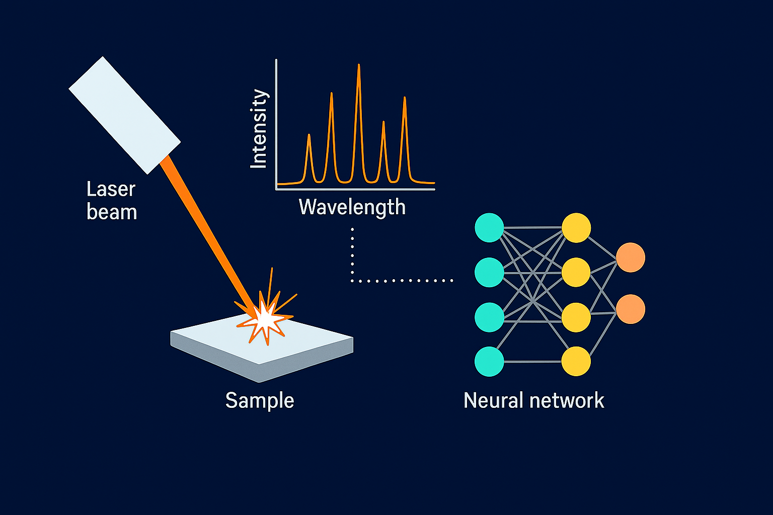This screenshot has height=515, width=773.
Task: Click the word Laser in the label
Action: pyautogui.click(x=111, y=190)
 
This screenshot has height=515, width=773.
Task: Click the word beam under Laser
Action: pyautogui.click(x=112, y=212)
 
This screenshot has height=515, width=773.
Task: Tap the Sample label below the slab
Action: pyautogui.click(x=259, y=400)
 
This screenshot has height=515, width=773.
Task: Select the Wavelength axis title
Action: pyautogui.click(x=352, y=207)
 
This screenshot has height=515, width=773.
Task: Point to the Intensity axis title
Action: pyautogui.click(x=259, y=129)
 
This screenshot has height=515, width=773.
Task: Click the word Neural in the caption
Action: pyautogui.click(x=493, y=400)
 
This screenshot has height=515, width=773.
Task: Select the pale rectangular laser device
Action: pyautogui.click(x=124, y=115)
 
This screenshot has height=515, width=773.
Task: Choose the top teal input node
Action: pyautogui.click(x=489, y=227)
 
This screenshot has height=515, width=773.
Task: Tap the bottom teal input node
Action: pyautogui.click(x=489, y=361)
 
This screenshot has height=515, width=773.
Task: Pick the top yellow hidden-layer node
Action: pyautogui.click(x=576, y=227)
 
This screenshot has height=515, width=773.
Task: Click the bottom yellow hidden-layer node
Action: pyautogui.click(x=576, y=361)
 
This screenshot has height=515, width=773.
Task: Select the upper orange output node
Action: pyautogui.click(x=631, y=257)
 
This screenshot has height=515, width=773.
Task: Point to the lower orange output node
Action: pyautogui.click(x=631, y=309)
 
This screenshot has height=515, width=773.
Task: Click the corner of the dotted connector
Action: pyautogui.click(x=352, y=280)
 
